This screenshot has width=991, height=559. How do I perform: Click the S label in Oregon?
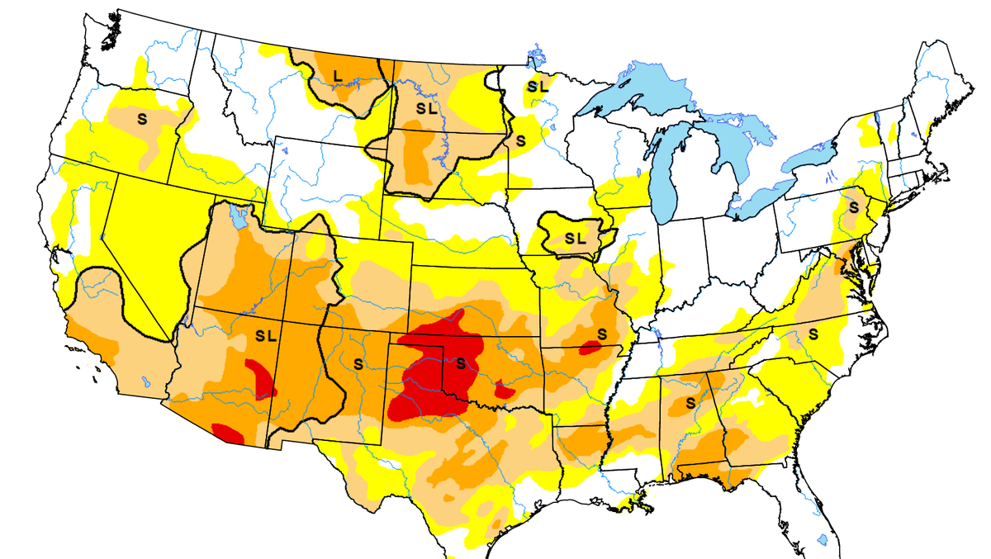click(142, 118)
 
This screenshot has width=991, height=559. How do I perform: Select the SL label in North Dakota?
click(426, 107)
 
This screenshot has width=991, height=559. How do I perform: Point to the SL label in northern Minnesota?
click(538, 85)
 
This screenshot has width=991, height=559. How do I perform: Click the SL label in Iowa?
click(575, 238)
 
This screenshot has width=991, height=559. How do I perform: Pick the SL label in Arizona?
click(267, 336)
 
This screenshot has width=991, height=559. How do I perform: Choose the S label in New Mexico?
click(358, 362)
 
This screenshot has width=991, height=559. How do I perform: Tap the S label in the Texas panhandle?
click(461, 362)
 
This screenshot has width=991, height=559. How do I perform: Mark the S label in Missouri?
click(601, 333)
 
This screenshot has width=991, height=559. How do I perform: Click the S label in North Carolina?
click(813, 334)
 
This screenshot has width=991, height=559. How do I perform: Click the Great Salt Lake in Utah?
click(239, 220)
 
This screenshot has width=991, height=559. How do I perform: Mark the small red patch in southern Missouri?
click(589, 347)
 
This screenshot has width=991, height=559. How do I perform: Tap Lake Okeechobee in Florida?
click(823, 539)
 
